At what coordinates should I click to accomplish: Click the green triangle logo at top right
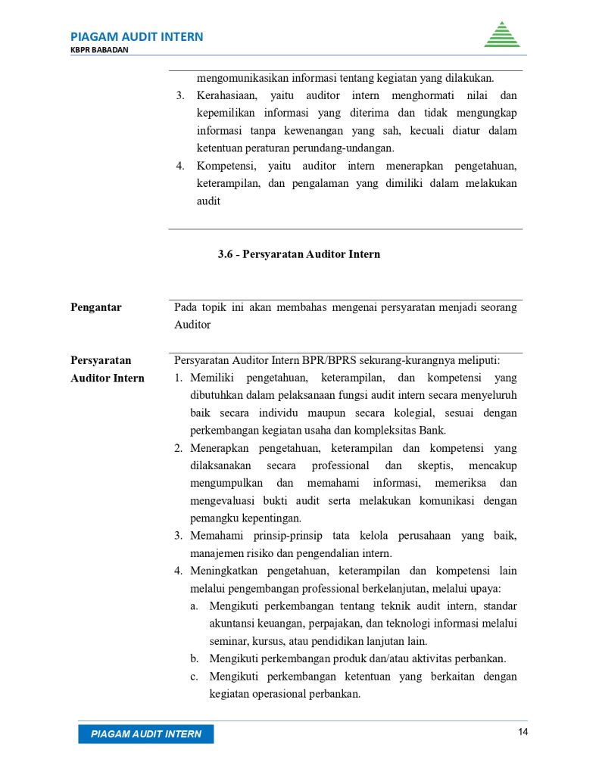click(x=501, y=35)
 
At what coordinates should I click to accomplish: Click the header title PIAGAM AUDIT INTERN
click(x=136, y=36)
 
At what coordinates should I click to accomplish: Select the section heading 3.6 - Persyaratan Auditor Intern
click(x=299, y=254)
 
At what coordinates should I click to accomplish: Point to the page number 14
click(x=523, y=732)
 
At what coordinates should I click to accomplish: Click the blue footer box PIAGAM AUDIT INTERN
click(x=146, y=733)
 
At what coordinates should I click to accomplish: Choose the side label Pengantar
click(x=96, y=307)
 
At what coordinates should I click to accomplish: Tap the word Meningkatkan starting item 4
click(x=228, y=571)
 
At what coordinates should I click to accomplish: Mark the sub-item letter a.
click(x=194, y=605)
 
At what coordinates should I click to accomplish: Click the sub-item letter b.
click(x=194, y=658)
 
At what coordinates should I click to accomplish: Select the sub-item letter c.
click(x=194, y=676)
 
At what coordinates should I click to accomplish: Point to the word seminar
click(x=229, y=640)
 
